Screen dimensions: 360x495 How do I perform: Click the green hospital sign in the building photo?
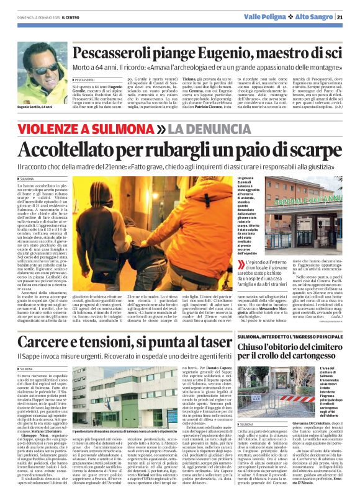(x=314, y=202)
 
